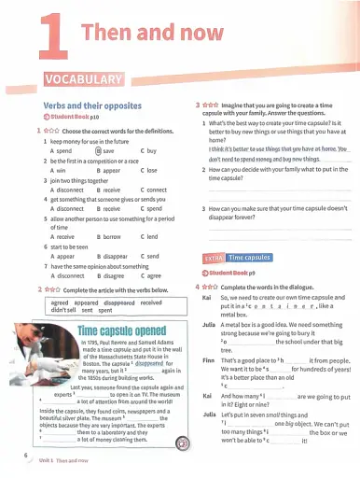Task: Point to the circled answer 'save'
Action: pyautogui.click(x=106, y=150)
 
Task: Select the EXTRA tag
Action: pyautogui.click(x=212, y=257)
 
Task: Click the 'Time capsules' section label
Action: pyautogui.click(x=250, y=257)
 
